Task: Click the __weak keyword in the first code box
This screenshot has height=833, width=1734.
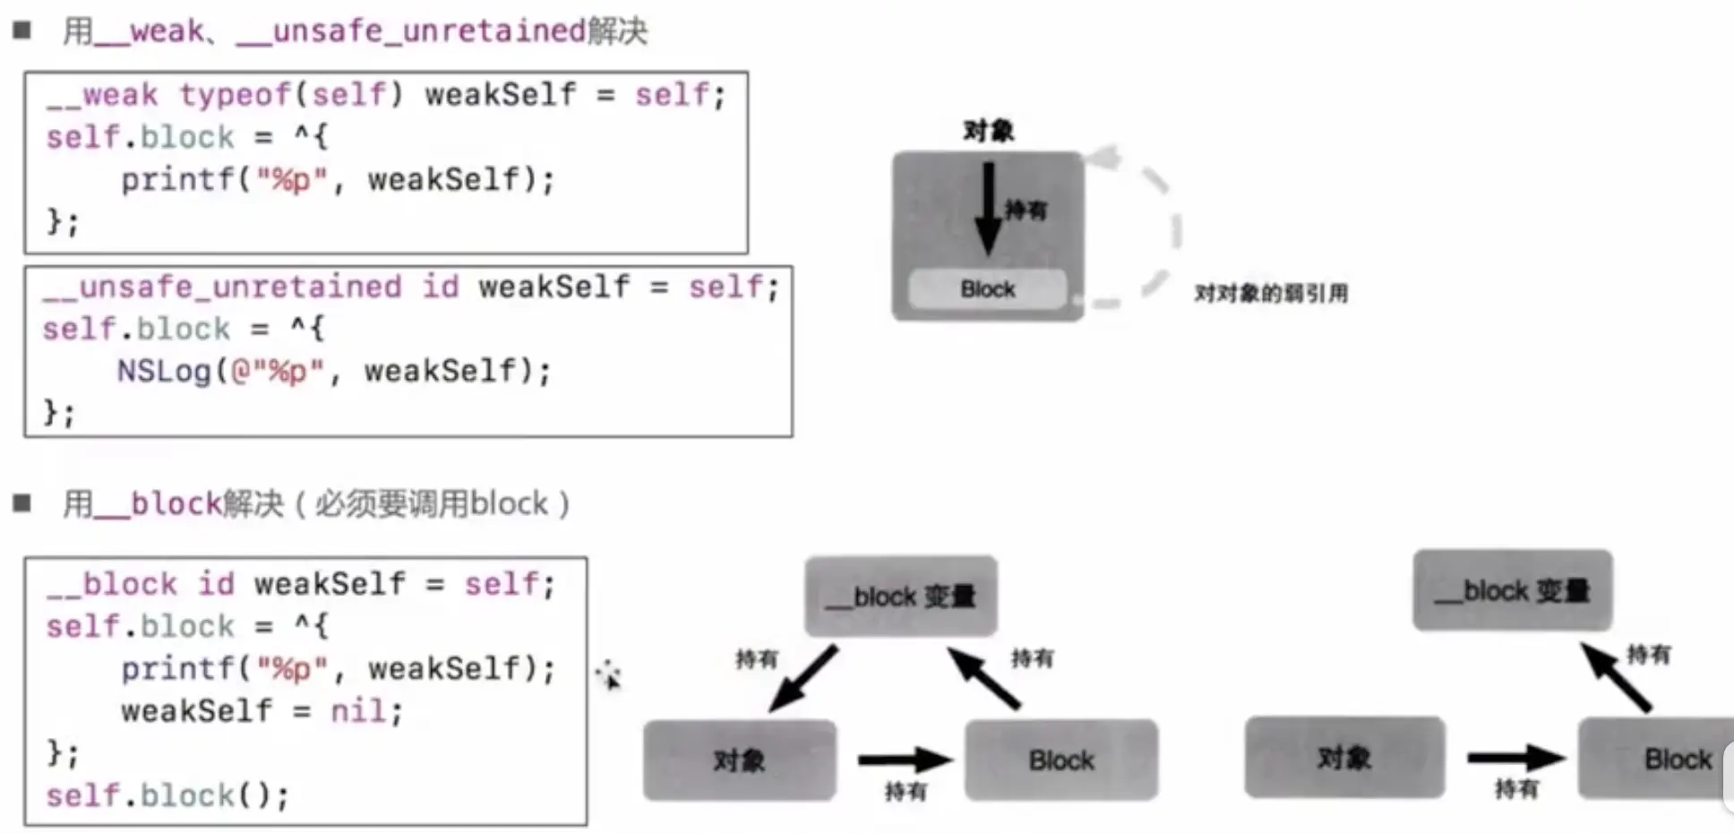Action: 101,95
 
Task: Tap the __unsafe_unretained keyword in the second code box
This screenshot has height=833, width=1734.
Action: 222,288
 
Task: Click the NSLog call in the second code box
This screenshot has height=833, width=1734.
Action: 164,371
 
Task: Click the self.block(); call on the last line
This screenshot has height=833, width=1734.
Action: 167,795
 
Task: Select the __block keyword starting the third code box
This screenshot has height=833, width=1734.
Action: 112,584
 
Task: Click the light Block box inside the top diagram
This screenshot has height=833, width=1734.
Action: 987,289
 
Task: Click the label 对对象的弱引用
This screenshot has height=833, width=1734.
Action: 1270,294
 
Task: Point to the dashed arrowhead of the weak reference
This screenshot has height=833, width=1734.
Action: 1103,159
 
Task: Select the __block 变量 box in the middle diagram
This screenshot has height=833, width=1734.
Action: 900,597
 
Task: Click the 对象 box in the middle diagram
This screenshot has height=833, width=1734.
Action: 739,760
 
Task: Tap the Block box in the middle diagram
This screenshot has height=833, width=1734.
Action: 1060,760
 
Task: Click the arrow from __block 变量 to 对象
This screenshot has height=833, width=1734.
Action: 803,679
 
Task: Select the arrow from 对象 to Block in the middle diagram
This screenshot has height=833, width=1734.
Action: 903,760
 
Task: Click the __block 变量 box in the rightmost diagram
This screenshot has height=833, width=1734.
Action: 1512,591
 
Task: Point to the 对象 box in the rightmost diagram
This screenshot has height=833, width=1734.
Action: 1343,759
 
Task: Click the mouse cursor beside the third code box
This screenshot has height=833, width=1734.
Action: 608,674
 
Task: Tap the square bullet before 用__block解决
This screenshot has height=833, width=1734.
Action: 22,503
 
